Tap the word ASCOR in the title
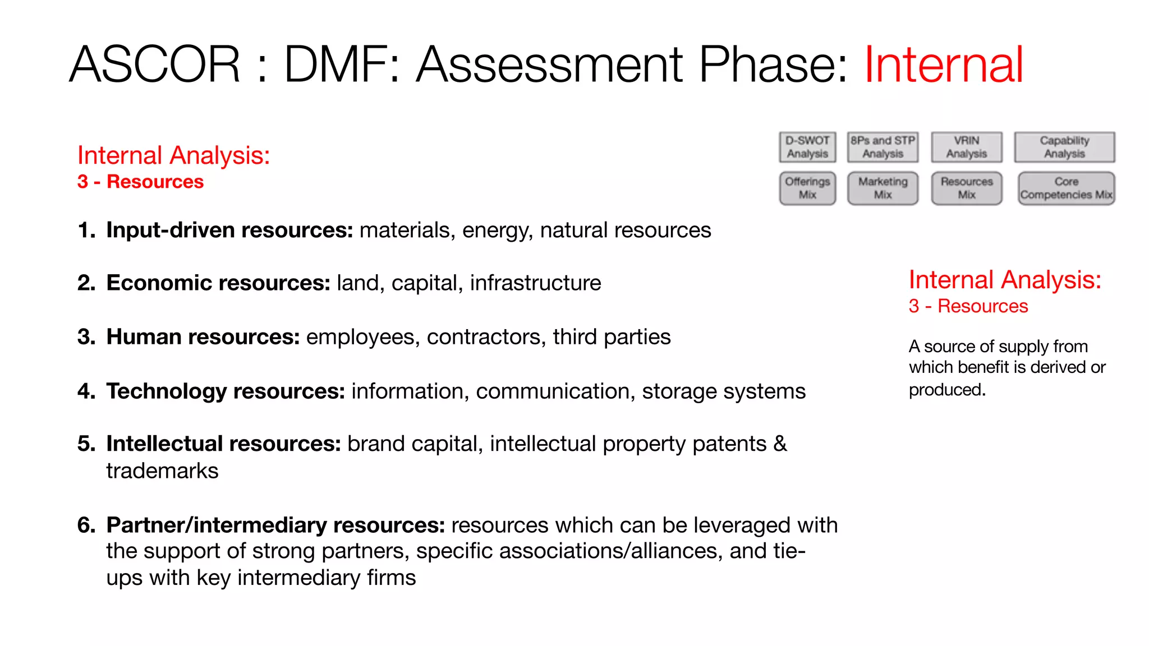click(x=155, y=65)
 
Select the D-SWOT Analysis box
click(x=807, y=147)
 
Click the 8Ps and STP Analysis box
click(x=883, y=147)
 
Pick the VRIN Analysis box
click(x=966, y=147)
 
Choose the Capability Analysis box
click(x=1064, y=147)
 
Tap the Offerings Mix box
click(x=807, y=188)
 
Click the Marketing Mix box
click(x=883, y=188)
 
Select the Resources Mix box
click(x=966, y=188)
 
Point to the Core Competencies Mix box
click(x=1066, y=188)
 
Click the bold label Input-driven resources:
click(x=229, y=230)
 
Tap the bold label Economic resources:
click(x=218, y=283)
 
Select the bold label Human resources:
click(x=203, y=337)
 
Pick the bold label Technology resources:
click(x=226, y=391)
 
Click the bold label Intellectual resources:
click(x=223, y=444)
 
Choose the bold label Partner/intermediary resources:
click(x=275, y=525)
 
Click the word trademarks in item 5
click(x=162, y=471)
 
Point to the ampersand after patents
click(x=780, y=444)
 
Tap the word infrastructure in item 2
click(x=535, y=283)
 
